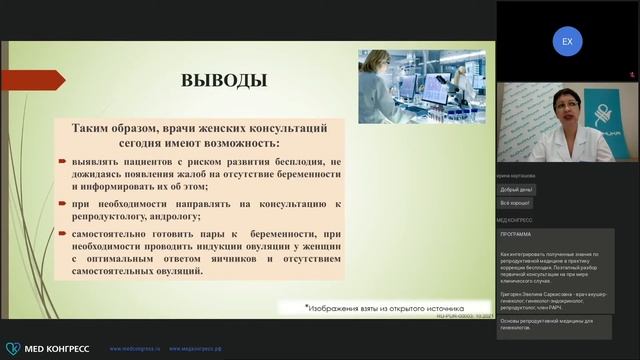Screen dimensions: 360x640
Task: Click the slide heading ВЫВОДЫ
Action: (x=222, y=79)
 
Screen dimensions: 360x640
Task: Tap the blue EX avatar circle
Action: (x=567, y=42)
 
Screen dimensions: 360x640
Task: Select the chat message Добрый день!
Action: (x=517, y=189)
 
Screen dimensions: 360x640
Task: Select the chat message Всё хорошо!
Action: (x=516, y=203)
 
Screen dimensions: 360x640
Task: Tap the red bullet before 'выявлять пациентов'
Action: (x=62, y=160)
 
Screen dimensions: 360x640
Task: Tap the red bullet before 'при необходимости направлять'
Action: (x=62, y=202)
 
